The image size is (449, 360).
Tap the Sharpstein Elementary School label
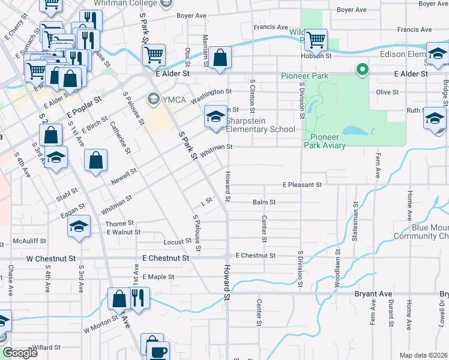[x=261, y=125]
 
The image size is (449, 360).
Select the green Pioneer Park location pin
[x=362, y=70]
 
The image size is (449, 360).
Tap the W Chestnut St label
[x=55, y=258]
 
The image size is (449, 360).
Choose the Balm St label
[x=264, y=203]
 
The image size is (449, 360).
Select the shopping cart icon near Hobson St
[x=316, y=41]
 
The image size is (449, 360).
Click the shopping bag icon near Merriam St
[x=221, y=58]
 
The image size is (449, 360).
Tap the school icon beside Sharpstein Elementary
[x=214, y=116]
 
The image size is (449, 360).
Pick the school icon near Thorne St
[x=79, y=226]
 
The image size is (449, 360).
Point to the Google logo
[x=19, y=353]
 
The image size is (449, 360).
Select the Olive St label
[x=387, y=92]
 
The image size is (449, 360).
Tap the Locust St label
[x=177, y=241]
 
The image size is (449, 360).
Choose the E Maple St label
[x=157, y=277]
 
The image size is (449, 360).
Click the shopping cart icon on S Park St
[x=154, y=55]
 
